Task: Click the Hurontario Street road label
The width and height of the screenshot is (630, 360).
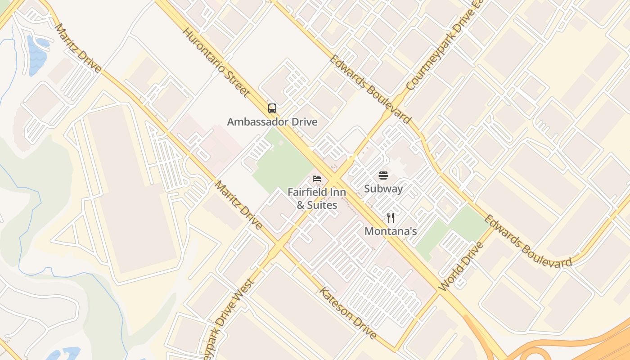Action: tap(216, 63)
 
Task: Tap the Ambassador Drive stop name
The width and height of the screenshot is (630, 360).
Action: tap(272, 122)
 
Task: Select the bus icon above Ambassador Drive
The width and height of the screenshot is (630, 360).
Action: tap(272, 108)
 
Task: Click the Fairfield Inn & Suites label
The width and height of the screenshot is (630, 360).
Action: tap(317, 198)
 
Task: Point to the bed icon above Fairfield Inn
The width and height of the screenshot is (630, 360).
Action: tap(317, 179)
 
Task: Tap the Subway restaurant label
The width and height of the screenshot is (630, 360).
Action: tap(383, 189)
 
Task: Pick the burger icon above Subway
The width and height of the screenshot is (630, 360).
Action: tap(383, 175)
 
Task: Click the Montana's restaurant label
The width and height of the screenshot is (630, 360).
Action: tap(391, 231)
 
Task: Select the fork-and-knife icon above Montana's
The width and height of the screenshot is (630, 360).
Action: tap(391, 218)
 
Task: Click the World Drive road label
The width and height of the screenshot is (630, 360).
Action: tap(461, 266)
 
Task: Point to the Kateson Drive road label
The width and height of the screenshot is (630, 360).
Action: tap(347, 313)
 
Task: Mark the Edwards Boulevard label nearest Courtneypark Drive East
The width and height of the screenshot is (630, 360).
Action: tap(370, 89)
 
